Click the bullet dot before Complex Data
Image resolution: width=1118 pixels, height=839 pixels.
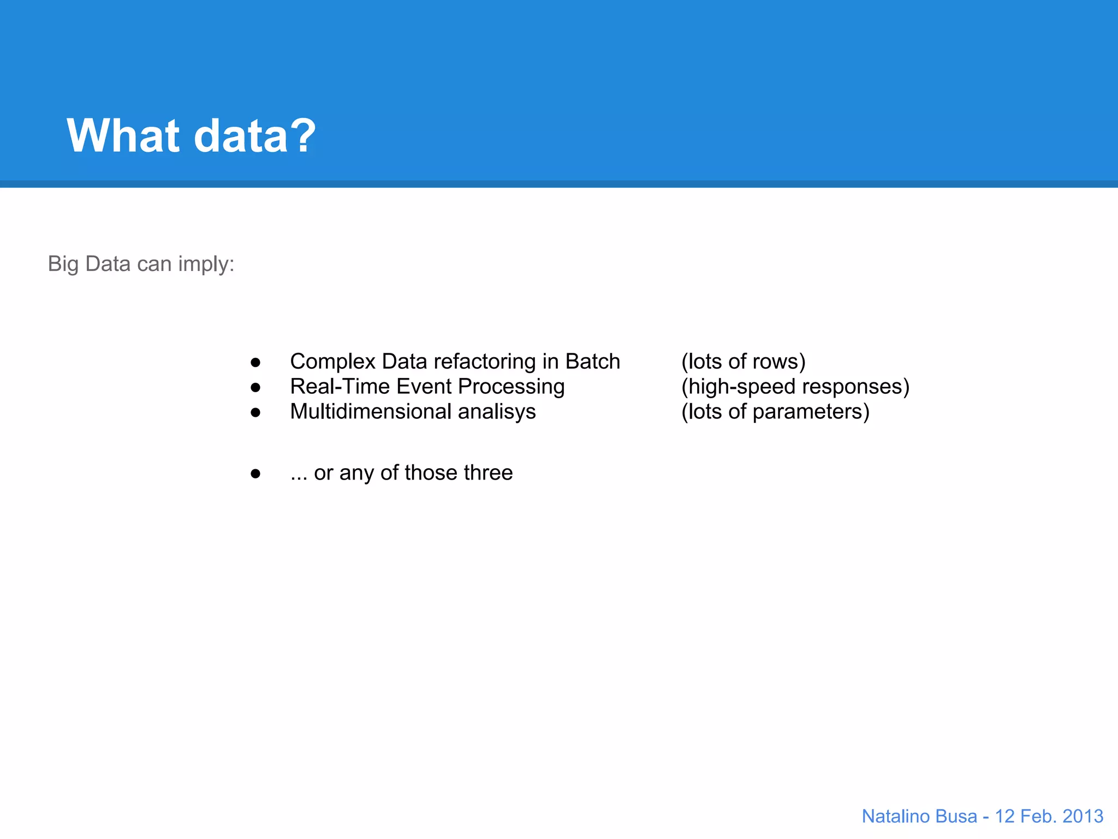(255, 362)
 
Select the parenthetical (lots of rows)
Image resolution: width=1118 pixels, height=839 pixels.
(743, 362)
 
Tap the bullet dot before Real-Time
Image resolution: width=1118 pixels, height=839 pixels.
(255, 387)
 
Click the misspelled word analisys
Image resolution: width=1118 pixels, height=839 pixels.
(497, 412)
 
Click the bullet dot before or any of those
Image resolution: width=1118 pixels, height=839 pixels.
(255, 474)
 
